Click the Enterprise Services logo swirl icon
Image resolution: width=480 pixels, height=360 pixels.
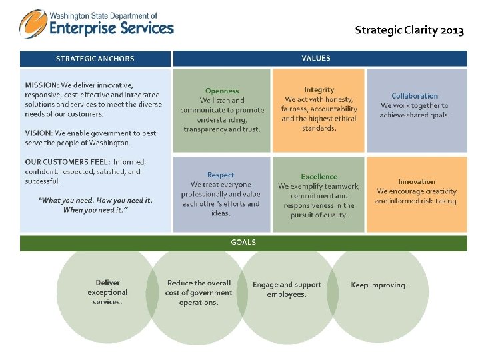pyautogui.click(x=33, y=25)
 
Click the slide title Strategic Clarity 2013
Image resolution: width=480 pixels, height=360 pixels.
pyautogui.click(x=409, y=30)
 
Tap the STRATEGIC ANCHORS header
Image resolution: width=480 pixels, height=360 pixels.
pyautogui.click(x=95, y=59)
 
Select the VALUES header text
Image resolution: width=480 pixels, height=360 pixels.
pyautogui.click(x=315, y=58)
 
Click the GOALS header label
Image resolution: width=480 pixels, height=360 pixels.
pyautogui.click(x=243, y=242)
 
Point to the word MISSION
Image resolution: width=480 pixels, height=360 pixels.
pyautogui.click(x=41, y=85)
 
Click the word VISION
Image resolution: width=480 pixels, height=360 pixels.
pyautogui.click(x=38, y=133)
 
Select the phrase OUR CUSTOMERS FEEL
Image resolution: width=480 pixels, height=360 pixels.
pyautogui.click(x=67, y=161)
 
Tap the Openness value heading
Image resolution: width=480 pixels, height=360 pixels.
pyautogui.click(x=222, y=91)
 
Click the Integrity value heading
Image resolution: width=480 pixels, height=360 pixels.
pyautogui.click(x=319, y=89)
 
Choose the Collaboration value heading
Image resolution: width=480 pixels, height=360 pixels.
pyautogui.click(x=415, y=96)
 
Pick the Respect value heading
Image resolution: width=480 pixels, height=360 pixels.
pyautogui.click(x=221, y=175)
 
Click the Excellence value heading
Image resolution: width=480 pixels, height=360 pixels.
pyautogui.click(x=319, y=177)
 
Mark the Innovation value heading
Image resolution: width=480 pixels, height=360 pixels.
pyautogui.click(x=416, y=181)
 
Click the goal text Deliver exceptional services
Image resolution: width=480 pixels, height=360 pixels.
pyautogui.click(x=107, y=292)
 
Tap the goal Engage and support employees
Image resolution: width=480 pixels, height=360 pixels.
pyautogui.click(x=287, y=289)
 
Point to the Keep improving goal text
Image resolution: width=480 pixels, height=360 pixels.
pyautogui.click(x=379, y=285)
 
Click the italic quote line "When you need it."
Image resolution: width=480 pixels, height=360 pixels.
pyautogui.click(x=95, y=209)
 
